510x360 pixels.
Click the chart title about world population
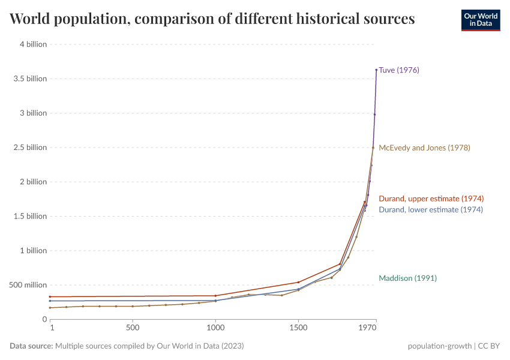[x=212, y=19]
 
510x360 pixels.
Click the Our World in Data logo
[x=480, y=20]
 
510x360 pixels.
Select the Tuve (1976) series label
[x=399, y=70]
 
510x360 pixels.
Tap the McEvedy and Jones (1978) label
[x=424, y=148]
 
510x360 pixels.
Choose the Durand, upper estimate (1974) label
[x=431, y=199]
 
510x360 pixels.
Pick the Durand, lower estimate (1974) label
[x=430, y=210]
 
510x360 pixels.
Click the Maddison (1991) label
[x=407, y=278]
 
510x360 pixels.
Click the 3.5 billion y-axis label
[x=30, y=79]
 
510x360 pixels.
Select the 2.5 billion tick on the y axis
[x=30, y=148]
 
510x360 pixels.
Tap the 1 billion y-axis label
[x=32, y=251]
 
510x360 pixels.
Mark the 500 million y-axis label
[x=28, y=285]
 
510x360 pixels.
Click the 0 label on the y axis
[x=44, y=319]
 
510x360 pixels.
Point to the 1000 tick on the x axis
[x=215, y=329]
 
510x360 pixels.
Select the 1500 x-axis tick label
[x=298, y=329]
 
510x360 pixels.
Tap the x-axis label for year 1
[x=52, y=329]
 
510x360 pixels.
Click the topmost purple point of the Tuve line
[x=376, y=70]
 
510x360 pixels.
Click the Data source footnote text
[x=127, y=346]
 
